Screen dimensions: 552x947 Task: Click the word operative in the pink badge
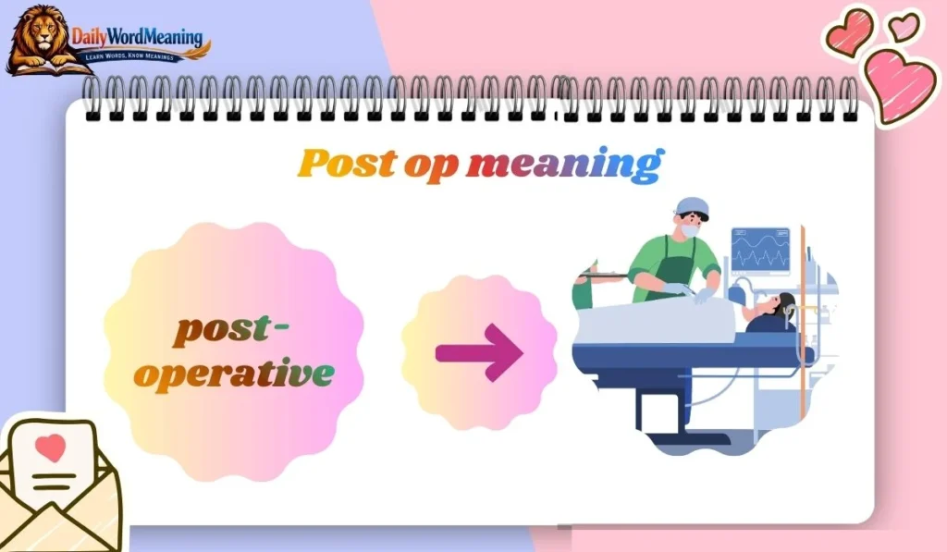tap(233, 374)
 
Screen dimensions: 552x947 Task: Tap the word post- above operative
tap(232, 330)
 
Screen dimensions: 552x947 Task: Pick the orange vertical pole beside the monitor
tap(803, 277)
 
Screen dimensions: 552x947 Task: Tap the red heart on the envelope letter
tap(52, 448)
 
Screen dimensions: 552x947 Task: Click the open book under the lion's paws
tap(42, 67)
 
